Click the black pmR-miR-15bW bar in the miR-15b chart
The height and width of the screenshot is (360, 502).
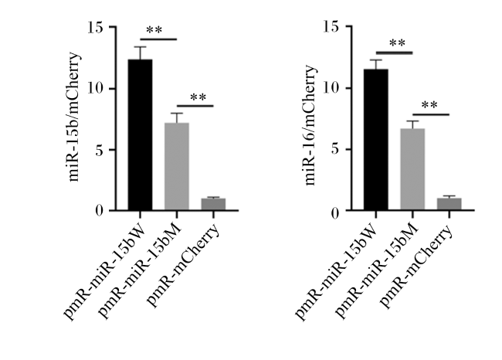pyautogui.click(x=141, y=134)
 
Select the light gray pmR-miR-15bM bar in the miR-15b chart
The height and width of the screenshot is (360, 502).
pyautogui.click(x=177, y=167)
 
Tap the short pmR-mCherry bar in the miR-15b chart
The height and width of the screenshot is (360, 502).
pyautogui.click(x=213, y=205)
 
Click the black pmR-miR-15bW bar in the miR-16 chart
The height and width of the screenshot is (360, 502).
pyautogui.click(x=376, y=140)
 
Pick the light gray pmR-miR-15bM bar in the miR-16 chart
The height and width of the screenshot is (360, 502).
pyautogui.click(x=412, y=169)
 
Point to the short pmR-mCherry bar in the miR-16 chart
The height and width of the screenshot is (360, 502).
pyautogui.click(x=449, y=205)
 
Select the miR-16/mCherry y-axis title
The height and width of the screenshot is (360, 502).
pyautogui.click(x=310, y=124)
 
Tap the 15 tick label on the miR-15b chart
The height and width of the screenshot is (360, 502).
pyautogui.click(x=96, y=28)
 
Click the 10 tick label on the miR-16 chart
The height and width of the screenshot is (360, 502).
pyautogui.click(x=331, y=88)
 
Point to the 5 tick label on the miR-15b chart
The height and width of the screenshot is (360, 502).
pyautogui.click(x=100, y=150)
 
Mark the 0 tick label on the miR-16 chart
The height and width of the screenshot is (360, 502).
pyautogui.click(x=335, y=213)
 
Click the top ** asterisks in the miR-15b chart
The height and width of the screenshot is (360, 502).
pyautogui.click(x=154, y=30)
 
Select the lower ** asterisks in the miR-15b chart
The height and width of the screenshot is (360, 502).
pyautogui.click(x=198, y=97)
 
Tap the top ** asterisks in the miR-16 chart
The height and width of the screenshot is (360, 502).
pyautogui.click(x=397, y=42)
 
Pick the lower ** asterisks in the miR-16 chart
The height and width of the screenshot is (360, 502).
pyautogui.click(x=429, y=105)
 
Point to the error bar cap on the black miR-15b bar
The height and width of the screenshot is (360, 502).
pyautogui.click(x=141, y=47)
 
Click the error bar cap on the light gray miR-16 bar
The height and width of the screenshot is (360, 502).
pyautogui.click(x=412, y=121)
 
